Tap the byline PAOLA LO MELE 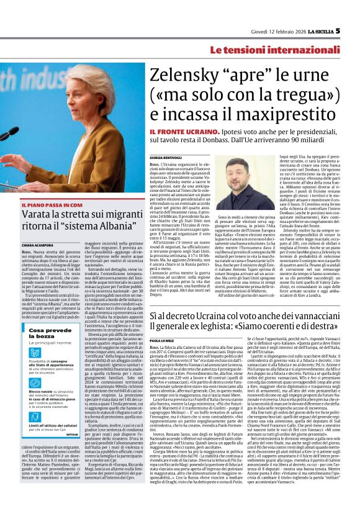(x=164, y=349)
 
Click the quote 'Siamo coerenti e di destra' (x=286, y=335)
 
